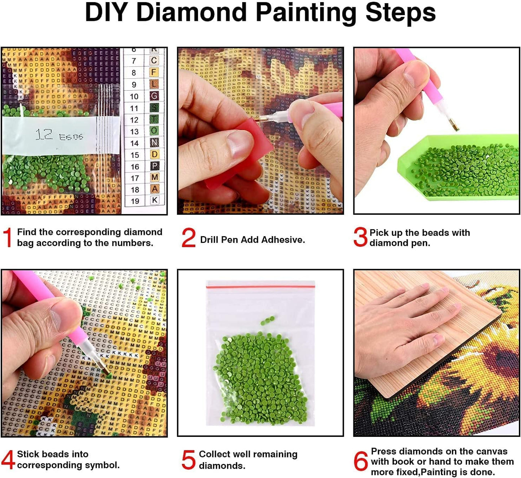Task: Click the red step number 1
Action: (x=7, y=238)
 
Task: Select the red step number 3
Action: (x=360, y=237)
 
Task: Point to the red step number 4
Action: (x=8, y=460)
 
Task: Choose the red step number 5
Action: (x=189, y=460)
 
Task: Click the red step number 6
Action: (x=361, y=461)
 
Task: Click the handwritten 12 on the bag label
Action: (x=44, y=135)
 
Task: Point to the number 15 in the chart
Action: (x=134, y=155)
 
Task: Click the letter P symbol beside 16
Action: (x=154, y=166)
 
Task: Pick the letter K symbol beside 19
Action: (x=155, y=200)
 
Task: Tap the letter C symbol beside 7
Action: (x=154, y=60)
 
